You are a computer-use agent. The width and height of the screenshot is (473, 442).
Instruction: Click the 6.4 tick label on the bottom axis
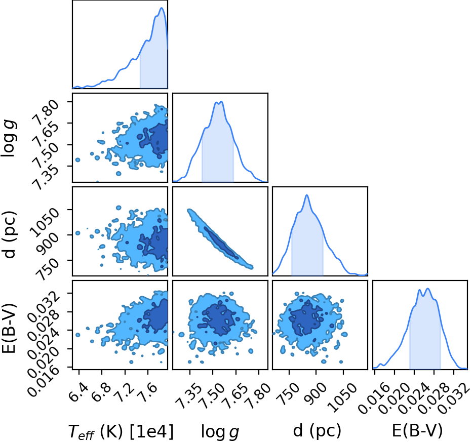78,392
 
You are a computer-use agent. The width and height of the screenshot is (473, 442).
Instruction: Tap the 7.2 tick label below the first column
124,392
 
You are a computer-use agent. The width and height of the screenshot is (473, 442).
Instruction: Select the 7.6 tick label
147,392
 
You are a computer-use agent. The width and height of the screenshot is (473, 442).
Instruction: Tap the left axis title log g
9,138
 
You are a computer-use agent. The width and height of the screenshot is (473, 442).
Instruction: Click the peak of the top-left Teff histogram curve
162,8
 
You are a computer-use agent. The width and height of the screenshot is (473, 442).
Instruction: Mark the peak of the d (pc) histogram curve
307,195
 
